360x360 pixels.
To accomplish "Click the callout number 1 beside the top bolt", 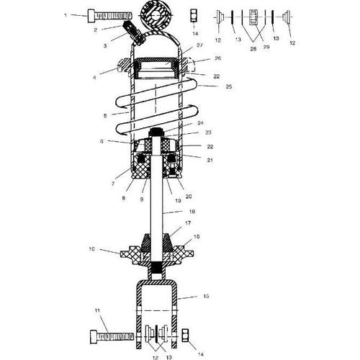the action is [x=66, y=15].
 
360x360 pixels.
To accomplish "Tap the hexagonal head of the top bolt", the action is [x=91, y=16].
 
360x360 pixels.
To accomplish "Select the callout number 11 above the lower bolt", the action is [x=97, y=310].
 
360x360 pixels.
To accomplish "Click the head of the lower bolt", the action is [x=94, y=337].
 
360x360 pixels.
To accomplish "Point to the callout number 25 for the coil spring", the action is [x=229, y=86].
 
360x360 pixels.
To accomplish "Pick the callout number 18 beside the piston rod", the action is [x=192, y=212].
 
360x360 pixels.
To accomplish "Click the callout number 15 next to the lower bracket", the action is [x=206, y=296].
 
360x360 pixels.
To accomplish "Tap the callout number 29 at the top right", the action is [x=266, y=47].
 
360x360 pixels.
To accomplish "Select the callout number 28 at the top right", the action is [x=253, y=49].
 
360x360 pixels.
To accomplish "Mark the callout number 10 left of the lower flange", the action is [x=92, y=249].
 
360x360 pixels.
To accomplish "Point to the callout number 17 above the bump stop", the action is [x=188, y=223].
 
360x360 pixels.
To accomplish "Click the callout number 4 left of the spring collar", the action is [x=94, y=78].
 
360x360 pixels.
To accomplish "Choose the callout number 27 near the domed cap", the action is [x=199, y=45].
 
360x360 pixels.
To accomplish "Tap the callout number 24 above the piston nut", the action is [x=200, y=123].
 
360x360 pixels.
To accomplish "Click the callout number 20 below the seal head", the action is [x=189, y=197].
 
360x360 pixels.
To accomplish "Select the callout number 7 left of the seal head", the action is [x=113, y=184].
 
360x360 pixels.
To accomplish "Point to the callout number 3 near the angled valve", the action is [x=105, y=45].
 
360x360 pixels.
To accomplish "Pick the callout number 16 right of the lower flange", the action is [x=197, y=237].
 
